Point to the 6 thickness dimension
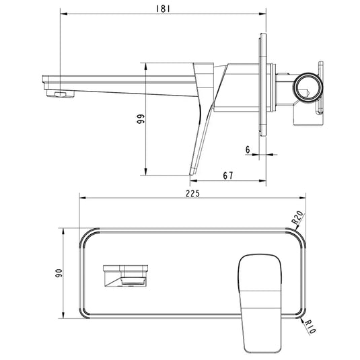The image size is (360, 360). pyautogui.click(x=248, y=150)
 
